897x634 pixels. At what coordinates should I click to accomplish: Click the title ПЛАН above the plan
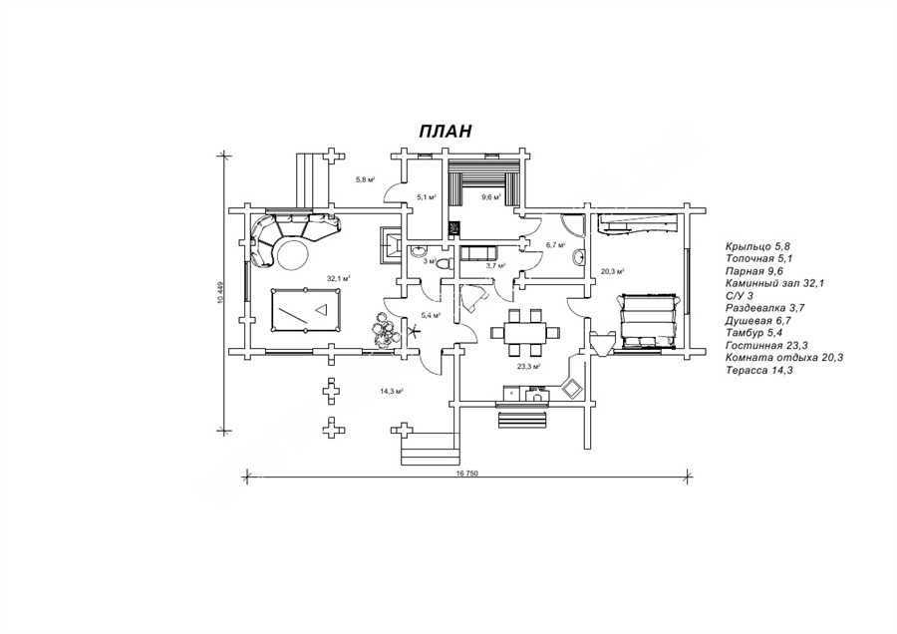[x=445, y=132]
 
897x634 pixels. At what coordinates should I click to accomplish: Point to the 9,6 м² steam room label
[x=489, y=197]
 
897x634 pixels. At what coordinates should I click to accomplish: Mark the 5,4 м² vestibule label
[x=432, y=315]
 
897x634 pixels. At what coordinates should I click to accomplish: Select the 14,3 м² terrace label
[x=391, y=392]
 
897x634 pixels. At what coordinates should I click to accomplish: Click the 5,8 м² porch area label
[x=366, y=179]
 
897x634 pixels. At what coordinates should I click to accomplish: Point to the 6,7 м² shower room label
[x=555, y=244]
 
